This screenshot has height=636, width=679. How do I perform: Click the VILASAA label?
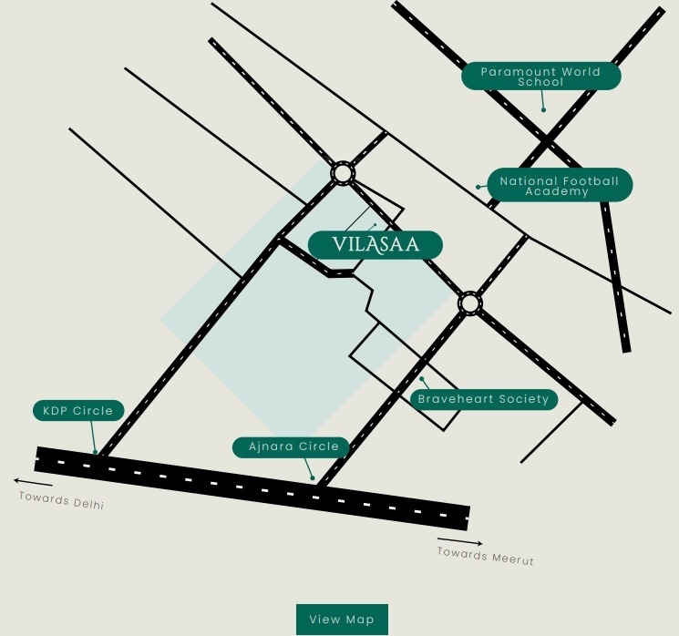[375, 244]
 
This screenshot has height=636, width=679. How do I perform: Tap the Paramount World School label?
[540, 77]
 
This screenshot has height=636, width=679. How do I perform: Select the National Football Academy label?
[559, 185]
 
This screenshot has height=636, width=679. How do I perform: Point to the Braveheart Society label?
[483, 399]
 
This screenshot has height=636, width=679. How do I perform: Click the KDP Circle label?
[78, 411]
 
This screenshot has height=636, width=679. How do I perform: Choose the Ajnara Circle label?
[293, 446]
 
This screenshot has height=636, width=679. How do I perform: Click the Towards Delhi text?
[61, 500]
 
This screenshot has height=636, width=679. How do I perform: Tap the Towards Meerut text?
[485, 555]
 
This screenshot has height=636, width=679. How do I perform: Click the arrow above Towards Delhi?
[33, 482]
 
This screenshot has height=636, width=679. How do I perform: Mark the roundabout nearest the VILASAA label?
[342, 172]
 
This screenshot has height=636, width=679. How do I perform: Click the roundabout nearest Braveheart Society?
[469, 303]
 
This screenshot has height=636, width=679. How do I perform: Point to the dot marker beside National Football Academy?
[478, 187]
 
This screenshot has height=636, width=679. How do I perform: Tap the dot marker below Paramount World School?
[543, 110]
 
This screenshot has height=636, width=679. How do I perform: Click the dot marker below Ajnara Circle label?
[313, 477]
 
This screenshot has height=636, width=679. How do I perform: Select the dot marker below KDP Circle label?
[95, 451]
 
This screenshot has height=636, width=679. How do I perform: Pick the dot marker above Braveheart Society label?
[421, 379]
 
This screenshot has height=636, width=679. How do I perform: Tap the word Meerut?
[512, 558]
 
